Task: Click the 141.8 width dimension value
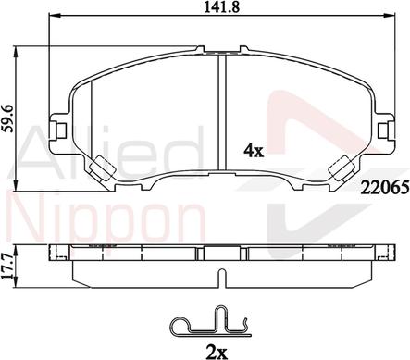tap(221, 6)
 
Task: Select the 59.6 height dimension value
tap(7, 118)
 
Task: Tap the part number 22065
tap(385, 187)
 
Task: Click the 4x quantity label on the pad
tap(254, 151)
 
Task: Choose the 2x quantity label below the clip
tap(217, 352)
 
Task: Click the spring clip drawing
tap(211, 321)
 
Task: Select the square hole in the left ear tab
tap(61, 130)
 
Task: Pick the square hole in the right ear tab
tap(383, 130)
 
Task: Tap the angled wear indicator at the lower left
tap(102, 168)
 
